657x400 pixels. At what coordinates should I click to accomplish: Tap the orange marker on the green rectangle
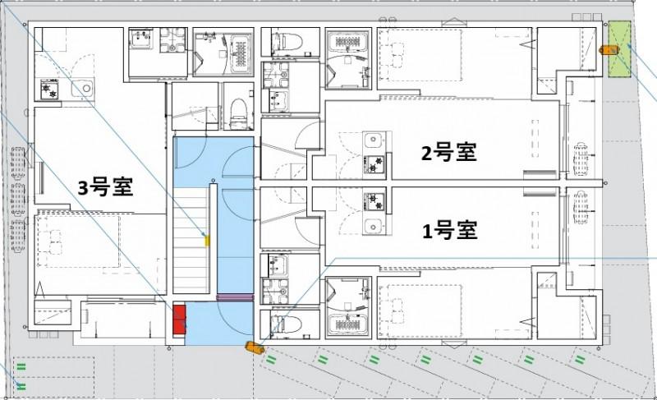click(x=609, y=49)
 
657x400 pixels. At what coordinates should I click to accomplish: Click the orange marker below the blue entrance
click(x=254, y=347)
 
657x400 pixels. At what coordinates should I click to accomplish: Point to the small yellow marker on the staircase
click(x=207, y=241)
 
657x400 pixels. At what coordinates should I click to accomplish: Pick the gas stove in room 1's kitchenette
click(x=375, y=201)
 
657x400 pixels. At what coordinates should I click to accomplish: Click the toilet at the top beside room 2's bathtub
click(x=281, y=40)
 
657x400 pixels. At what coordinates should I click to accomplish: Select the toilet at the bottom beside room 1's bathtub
click(x=281, y=324)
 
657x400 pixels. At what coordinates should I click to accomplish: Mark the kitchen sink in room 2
click(x=374, y=141)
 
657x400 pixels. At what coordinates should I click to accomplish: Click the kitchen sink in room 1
click(x=374, y=226)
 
